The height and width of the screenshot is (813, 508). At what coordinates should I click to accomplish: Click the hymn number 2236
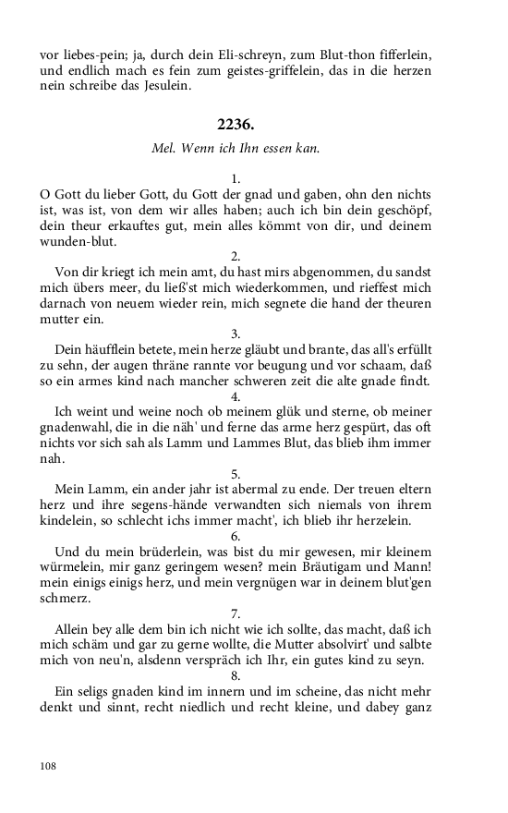pos(236,125)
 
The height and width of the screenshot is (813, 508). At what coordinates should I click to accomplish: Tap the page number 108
pos(49,766)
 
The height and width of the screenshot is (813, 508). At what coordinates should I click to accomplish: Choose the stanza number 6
pos(236,536)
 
